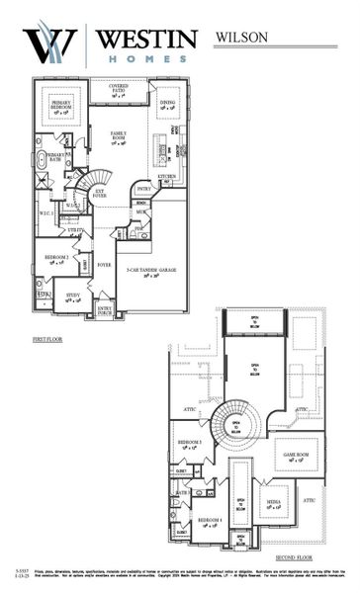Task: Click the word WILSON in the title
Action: pyautogui.click(x=241, y=37)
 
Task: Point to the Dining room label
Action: pyautogui.click(x=168, y=104)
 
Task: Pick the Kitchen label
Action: pyautogui.click(x=167, y=176)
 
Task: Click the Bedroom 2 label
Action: pyautogui.click(x=54, y=259)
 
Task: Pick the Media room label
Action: pyautogui.click(x=272, y=503)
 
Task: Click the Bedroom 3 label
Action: pyautogui.click(x=190, y=443)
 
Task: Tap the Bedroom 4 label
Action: pyautogui.click(x=209, y=521)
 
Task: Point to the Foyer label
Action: pyautogui.click(x=103, y=265)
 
